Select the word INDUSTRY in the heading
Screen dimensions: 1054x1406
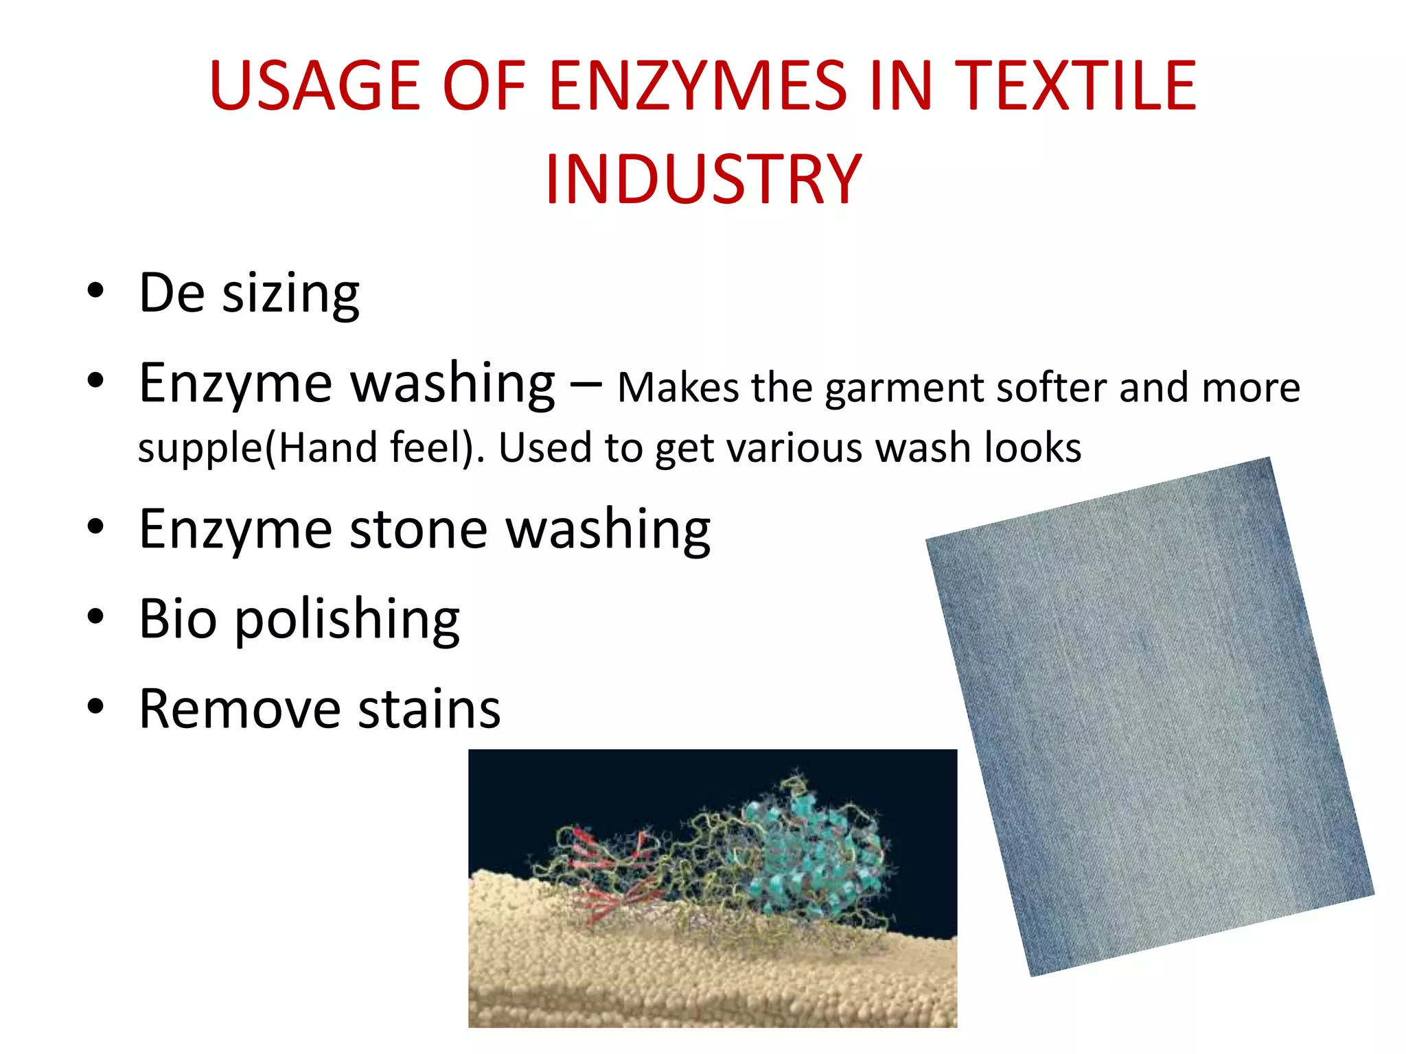tap(703, 180)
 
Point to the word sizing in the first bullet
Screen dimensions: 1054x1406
tap(291, 294)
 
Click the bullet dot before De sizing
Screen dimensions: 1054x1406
tap(95, 290)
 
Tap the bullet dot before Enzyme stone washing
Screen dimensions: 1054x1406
tap(95, 527)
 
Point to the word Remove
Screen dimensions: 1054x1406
tap(239, 709)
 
